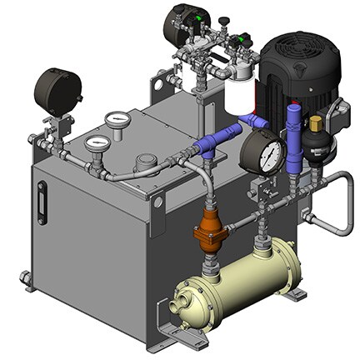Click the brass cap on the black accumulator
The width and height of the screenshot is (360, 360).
pyautogui.click(x=317, y=124)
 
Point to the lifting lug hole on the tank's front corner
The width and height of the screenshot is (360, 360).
pyautogui.click(x=157, y=201)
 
